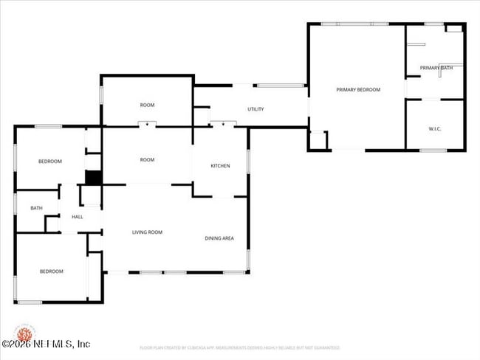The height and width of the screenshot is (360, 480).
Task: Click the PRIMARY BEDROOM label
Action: (358, 89)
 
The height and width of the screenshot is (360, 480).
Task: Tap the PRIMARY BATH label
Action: (436, 68)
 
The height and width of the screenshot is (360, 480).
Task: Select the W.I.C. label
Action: (435, 129)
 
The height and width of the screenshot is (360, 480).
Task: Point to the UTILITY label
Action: (256, 109)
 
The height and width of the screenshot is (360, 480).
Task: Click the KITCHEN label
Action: (220, 166)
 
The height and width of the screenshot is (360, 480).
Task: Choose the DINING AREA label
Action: (219, 238)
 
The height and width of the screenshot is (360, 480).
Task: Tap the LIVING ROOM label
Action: (147, 232)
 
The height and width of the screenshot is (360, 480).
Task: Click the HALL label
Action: (77, 217)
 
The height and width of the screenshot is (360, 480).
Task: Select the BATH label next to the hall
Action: (36, 208)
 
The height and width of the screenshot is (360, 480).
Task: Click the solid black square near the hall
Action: (93, 178)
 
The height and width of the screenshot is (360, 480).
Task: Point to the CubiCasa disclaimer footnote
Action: (239, 347)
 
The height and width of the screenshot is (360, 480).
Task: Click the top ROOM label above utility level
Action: (147, 105)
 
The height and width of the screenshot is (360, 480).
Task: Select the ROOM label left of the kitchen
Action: (147, 159)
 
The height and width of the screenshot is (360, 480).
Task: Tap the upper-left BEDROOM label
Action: (50, 161)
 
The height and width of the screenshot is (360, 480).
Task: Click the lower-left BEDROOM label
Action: (51, 271)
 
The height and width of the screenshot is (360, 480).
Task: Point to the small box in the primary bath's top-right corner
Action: (455, 28)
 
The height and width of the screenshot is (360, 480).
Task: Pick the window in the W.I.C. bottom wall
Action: (433, 150)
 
